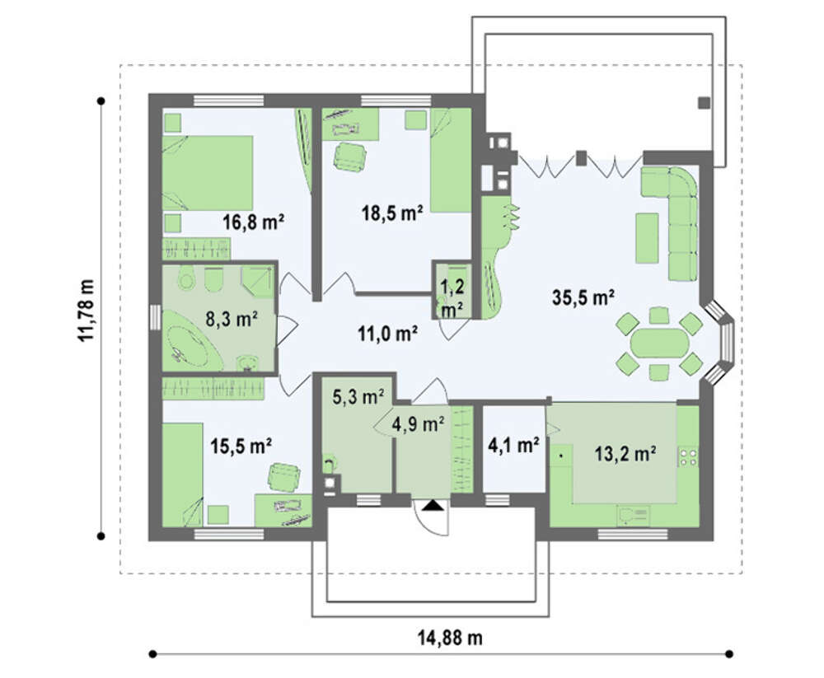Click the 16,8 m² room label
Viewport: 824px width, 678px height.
point(253,222)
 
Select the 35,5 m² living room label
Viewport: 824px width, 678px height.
point(583,297)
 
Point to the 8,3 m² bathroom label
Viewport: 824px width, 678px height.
point(232,319)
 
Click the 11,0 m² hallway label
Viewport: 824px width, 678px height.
point(388,333)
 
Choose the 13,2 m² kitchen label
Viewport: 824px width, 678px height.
point(625,452)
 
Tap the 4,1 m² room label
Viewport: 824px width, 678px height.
point(513,446)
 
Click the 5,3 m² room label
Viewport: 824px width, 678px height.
point(358,396)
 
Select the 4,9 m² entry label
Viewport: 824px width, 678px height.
point(419,423)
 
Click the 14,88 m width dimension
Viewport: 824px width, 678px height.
point(450,638)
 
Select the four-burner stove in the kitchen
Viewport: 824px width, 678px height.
point(688,456)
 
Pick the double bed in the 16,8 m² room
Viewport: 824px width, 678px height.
point(208,173)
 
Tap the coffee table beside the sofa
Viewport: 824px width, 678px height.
point(647,237)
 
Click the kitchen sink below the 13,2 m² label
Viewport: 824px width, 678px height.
point(633,515)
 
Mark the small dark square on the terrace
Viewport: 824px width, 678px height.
point(704,103)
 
